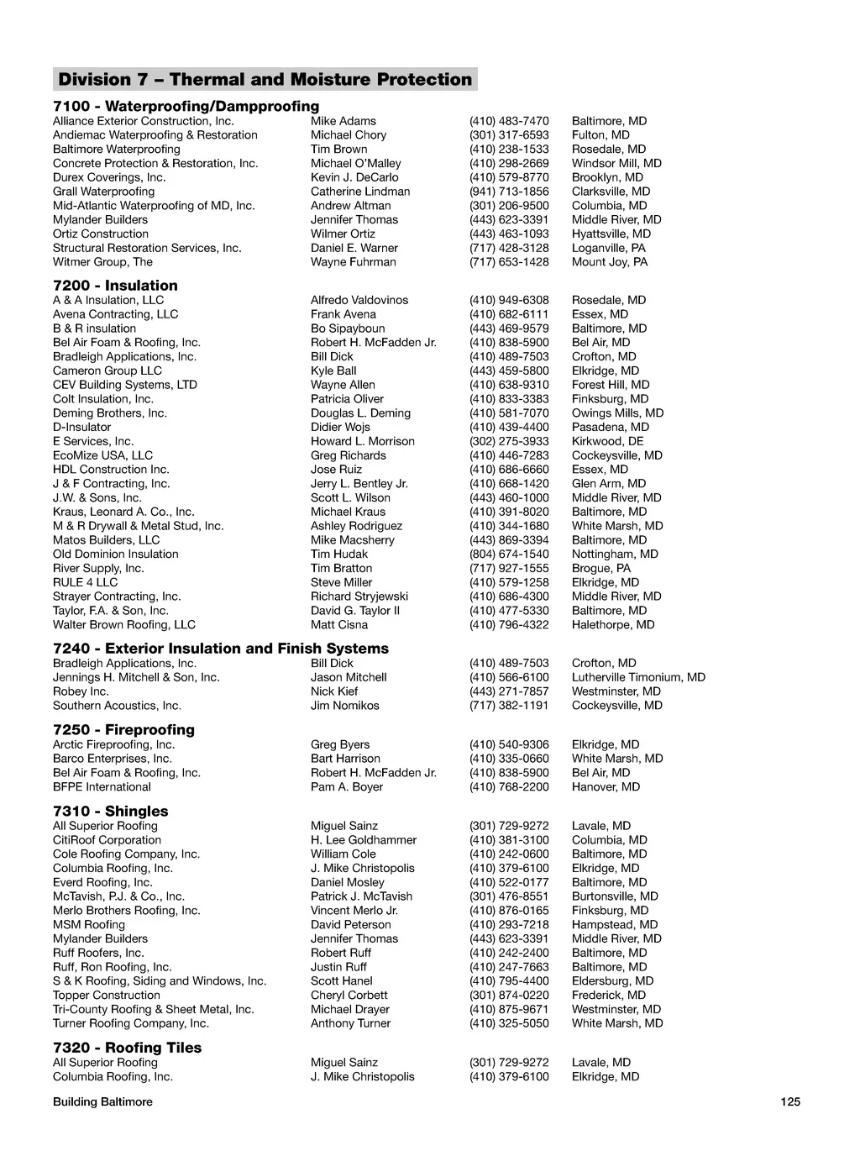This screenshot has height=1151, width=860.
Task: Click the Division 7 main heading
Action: click(265, 80)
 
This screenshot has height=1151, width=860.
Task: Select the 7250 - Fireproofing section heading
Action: click(123, 729)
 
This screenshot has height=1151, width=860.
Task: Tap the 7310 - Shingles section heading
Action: click(110, 811)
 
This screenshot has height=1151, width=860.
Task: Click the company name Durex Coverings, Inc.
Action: click(109, 177)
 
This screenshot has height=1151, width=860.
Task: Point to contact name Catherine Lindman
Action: click(360, 192)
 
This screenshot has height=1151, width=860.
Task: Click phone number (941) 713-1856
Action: click(509, 192)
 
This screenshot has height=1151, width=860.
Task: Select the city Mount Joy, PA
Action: click(610, 262)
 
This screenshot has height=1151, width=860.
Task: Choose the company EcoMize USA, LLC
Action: click(102, 455)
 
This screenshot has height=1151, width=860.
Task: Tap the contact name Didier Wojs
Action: click(340, 427)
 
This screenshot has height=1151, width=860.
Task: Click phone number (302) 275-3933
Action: click(509, 441)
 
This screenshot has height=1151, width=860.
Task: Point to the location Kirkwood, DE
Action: click(608, 441)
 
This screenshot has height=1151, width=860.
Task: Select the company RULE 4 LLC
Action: click(86, 582)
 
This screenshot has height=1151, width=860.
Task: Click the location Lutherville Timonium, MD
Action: click(638, 677)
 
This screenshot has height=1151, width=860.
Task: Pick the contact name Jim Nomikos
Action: click(345, 706)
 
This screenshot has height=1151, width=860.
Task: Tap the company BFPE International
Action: click(102, 787)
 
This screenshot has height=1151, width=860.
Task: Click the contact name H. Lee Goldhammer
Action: click(364, 840)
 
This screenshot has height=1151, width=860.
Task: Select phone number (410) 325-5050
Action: click(509, 1023)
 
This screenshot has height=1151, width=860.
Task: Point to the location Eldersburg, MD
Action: click(612, 981)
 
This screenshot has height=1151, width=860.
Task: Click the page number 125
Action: click(790, 1101)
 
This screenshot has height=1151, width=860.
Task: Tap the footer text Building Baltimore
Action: click(102, 1101)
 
